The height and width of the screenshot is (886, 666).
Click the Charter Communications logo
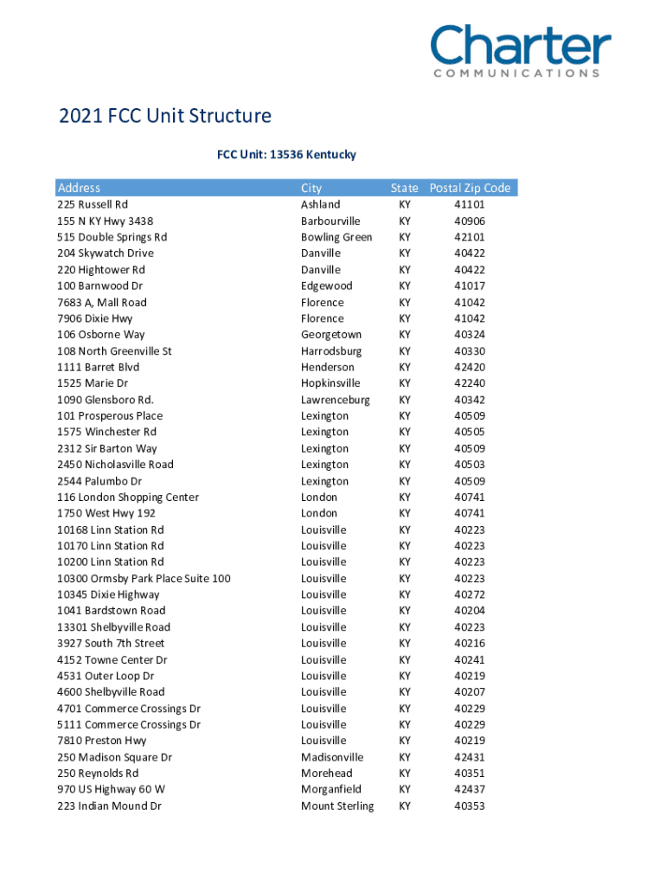[521, 51]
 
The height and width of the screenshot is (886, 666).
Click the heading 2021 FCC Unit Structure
[164, 116]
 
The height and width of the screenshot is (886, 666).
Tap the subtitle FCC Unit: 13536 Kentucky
[286, 155]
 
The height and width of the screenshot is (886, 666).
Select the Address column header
[79, 188]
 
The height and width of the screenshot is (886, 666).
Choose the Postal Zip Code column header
[470, 188]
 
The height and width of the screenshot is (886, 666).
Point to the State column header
[404, 188]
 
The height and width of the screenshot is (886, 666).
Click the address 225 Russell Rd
[93, 205]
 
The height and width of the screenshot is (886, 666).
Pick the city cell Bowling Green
[336, 237]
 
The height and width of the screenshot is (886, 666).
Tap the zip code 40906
[469, 221]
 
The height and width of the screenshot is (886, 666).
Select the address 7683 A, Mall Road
[102, 303]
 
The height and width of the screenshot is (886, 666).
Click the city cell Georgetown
[331, 335]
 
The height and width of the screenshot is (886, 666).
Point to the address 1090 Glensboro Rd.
[106, 400]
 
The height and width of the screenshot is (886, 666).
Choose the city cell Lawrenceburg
[335, 400]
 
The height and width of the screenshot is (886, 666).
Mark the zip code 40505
[469, 432]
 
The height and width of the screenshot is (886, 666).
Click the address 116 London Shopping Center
[128, 498]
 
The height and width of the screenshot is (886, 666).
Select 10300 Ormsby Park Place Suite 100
[144, 579]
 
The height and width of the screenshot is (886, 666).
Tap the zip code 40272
[469, 595]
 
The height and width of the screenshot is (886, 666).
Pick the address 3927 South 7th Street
[111, 644]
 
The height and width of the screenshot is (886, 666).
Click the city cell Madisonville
[332, 757]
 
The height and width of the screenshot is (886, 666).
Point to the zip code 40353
[469, 806]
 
